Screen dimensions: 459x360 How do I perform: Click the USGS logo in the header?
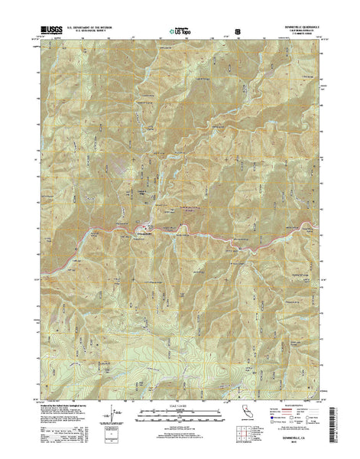(x=47, y=31)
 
